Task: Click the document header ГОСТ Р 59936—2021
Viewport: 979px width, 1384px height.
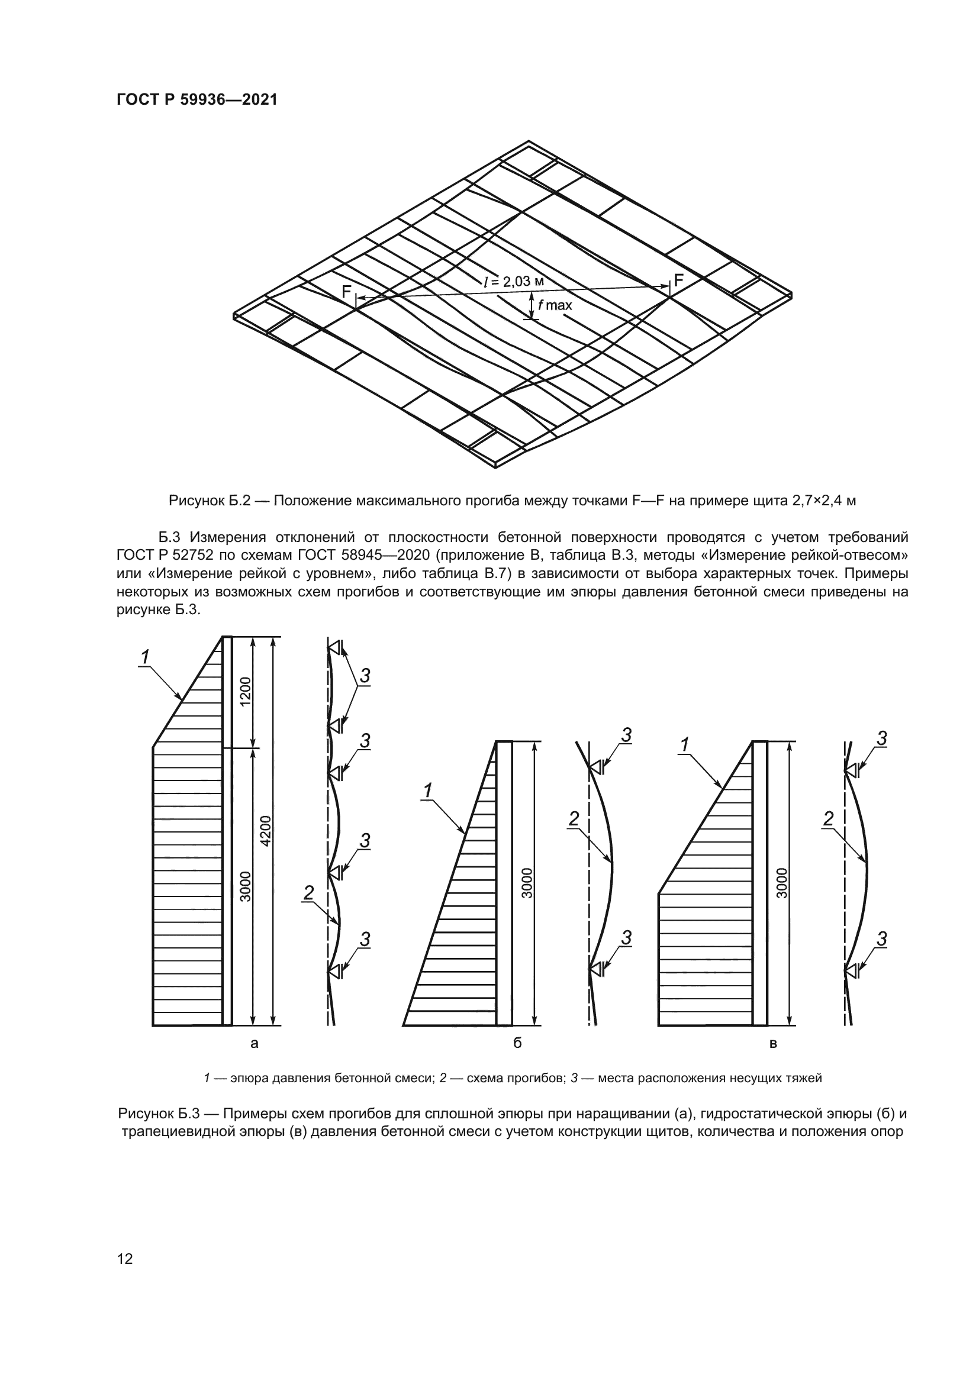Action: (x=197, y=100)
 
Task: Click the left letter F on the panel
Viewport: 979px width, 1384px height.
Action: (x=346, y=292)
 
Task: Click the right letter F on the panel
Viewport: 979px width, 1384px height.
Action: (x=678, y=280)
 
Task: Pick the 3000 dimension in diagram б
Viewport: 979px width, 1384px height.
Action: (x=527, y=883)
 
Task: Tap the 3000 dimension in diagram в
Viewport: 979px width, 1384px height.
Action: (x=782, y=883)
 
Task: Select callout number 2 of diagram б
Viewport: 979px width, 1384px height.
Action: (x=574, y=818)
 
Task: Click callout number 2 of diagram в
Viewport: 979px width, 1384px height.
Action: (x=828, y=818)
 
